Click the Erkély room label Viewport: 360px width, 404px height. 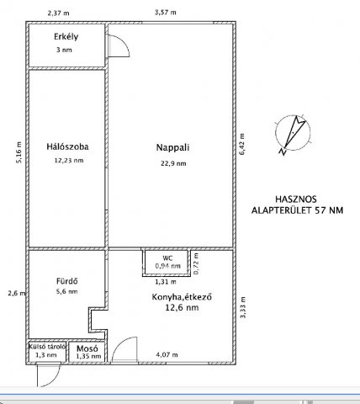coord(66,37)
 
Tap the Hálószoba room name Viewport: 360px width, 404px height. coord(67,146)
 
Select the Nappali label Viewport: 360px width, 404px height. coord(172,147)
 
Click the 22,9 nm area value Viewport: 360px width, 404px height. coord(173,163)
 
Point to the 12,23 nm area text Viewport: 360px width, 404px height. coord(69,161)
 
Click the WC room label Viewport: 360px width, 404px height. coord(167,258)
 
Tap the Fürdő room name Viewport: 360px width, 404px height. coord(67,281)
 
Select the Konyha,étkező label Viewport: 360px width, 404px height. coord(182,297)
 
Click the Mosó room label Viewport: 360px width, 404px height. coord(87,348)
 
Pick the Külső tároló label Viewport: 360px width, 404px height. coord(47,347)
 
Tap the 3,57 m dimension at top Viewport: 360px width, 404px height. coord(166,13)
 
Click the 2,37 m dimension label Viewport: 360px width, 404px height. coord(58,13)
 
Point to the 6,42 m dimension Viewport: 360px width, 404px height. coord(242,144)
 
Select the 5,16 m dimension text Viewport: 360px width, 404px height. coord(19,152)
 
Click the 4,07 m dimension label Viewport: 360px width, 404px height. coord(167,355)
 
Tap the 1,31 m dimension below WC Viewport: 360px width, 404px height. coord(166,282)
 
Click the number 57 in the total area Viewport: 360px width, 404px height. coord(320,210)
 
